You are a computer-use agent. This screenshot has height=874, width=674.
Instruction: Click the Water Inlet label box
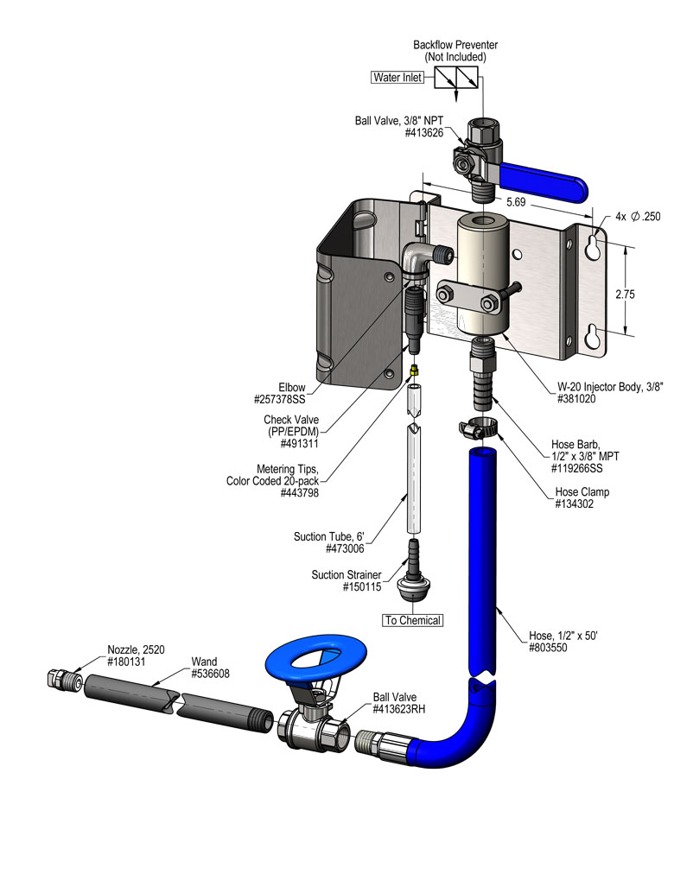(397, 77)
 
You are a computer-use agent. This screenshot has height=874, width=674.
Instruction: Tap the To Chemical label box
(413, 620)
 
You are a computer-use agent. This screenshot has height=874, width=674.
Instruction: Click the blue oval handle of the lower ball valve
(316, 662)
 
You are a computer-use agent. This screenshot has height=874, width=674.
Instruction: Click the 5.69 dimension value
(516, 201)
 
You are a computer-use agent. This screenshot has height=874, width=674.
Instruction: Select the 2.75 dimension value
(625, 294)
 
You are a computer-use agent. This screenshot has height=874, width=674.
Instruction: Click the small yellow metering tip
(416, 369)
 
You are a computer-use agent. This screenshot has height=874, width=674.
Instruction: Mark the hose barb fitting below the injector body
(481, 376)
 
